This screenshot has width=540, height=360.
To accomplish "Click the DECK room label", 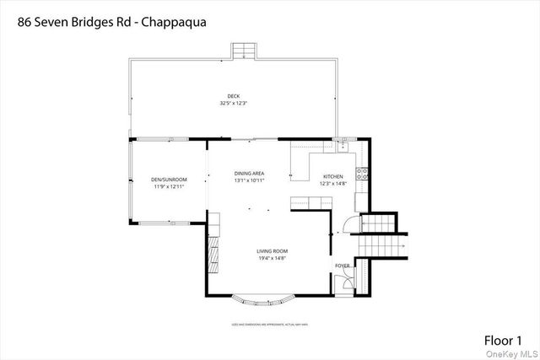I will [x=233, y=96].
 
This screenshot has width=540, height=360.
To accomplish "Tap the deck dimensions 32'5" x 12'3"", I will [x=233, y=103].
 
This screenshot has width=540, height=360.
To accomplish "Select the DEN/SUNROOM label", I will [x=170, y=180].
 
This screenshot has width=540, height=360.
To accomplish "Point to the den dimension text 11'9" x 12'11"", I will [x=170, y=186].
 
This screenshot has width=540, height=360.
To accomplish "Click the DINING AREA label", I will [x=250, y=174].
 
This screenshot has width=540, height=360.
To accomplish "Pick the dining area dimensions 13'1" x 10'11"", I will [x=250, y=180].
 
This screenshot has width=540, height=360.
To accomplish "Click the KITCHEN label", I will [x=333, y=177].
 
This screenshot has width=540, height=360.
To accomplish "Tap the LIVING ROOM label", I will [x=273, y=250].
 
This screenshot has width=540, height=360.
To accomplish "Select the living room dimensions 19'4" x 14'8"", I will [x=273, y=258].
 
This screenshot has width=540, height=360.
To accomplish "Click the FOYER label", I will [x=342, y=266].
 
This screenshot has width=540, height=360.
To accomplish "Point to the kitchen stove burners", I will [x=363, y=175].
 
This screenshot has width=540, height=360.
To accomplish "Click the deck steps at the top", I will [x=243, y=51].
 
